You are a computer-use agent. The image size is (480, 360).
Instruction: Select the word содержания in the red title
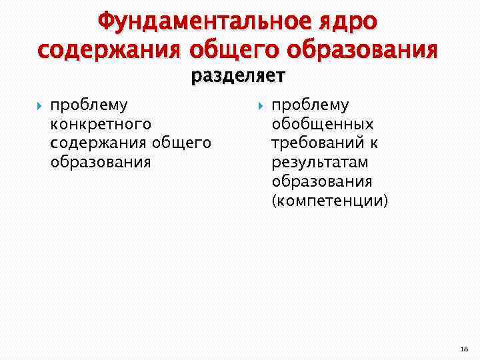pyautogui.click(x=110, y=50)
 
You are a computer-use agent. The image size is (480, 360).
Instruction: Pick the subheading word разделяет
pyautogui.click(x=238, y=77)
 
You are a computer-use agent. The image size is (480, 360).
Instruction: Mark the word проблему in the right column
pyautogui.click(x=310, y=105)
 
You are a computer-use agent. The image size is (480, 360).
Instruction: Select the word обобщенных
pyautogui.click(x=323, y=124)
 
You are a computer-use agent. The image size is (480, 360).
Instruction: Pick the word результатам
pyautogui.click(x=319, y=162)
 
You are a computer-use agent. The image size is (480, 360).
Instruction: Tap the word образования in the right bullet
pyautogui.click(x=322, y=181)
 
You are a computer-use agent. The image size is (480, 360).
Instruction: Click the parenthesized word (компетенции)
pyautogui.click(x=329, y=201)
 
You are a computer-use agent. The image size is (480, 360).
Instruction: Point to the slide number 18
pyautogui.click(x=464, y=348)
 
